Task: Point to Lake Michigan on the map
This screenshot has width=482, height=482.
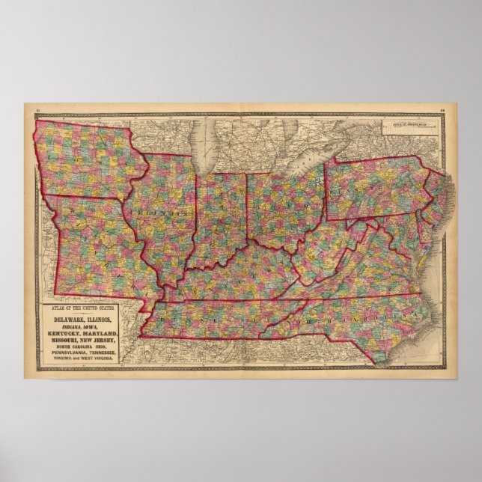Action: (x=201, y=146)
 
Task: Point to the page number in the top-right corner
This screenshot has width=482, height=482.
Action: (x=444, y=110)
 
